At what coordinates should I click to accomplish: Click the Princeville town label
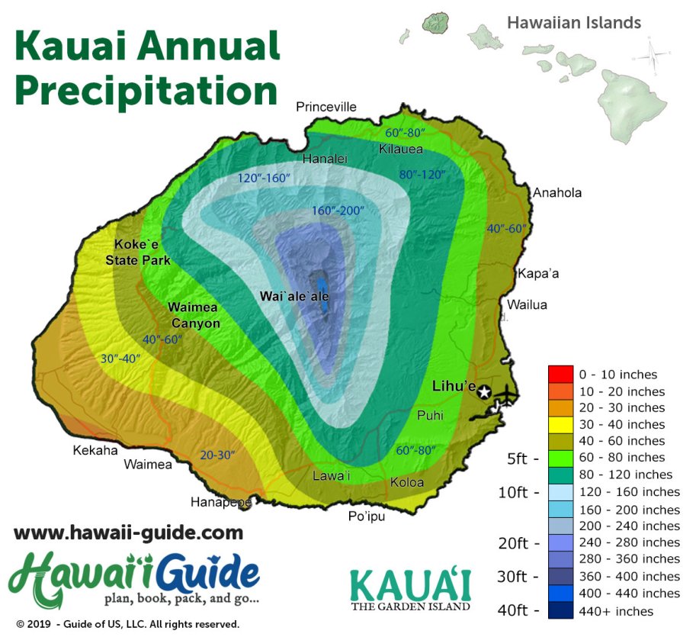click(326, 107)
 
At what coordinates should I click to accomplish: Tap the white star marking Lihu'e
click(484, 392)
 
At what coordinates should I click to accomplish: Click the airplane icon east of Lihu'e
click(506, 395)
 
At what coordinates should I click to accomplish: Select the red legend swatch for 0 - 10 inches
click(560, 375)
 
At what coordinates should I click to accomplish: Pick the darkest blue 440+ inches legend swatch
click(560, 610)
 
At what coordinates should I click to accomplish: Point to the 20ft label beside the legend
click(518, 542)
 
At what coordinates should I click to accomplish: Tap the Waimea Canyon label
click(194, 315)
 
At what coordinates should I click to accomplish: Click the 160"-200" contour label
click(338, 211)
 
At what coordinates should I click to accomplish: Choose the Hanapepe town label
click(221, 503)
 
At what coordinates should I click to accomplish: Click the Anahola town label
click(556, 192)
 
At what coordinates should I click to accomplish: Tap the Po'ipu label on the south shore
click(366, 516)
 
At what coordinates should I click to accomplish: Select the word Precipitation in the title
click(146, 90)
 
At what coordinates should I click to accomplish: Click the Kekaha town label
click(95, 450)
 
